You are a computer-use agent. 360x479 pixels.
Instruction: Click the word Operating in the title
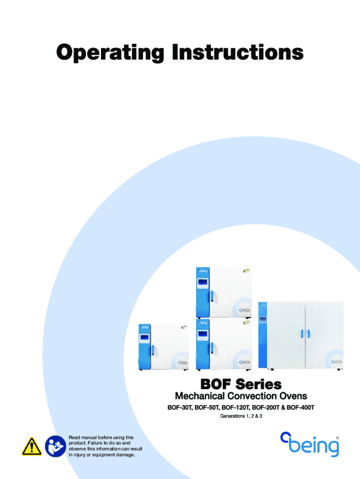(x=110, y=53)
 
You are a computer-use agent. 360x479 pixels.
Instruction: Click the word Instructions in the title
(x=238, y=52)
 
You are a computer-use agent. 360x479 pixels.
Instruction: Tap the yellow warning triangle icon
(x=32, y=446)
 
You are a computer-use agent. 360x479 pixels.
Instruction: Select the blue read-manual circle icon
(x=56, y=446)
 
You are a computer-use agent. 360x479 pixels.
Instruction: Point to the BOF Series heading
(x=241, y=384)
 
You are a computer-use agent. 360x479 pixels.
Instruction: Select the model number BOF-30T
(x=180, y=407)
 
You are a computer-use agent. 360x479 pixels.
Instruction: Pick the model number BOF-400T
(x=301, y=407)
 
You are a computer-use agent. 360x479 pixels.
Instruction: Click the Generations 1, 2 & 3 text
(x=241, y=416)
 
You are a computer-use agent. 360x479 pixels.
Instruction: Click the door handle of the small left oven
(x=153, y=350)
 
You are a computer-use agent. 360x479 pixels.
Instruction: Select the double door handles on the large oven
(x=305, y=334)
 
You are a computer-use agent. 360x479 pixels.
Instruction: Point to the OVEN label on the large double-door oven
(x=336, y=362)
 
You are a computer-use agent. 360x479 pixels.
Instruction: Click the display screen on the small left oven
(x=144, y=338)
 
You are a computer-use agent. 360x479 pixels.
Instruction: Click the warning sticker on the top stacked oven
(x=246, y=270)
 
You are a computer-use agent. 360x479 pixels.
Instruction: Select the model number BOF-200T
(x=266, y=407)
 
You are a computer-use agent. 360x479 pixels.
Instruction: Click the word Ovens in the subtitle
(x=297, y=396)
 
